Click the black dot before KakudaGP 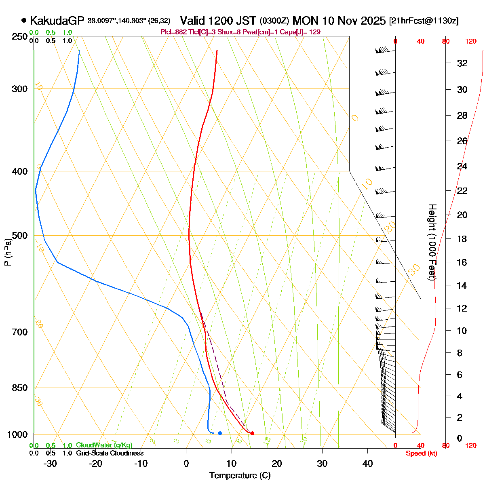[x=24, y=20]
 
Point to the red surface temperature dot [x=252, y=433]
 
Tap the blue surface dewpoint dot [x=220, y=433]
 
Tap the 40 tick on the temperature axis [x=367, y=463]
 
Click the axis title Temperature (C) [x=240, y=475]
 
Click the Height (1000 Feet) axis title [x=432, y=242]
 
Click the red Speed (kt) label [x=422, y=453]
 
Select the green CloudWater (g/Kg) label [x=104, y=445]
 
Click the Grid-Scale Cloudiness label [x=110, y=453]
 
